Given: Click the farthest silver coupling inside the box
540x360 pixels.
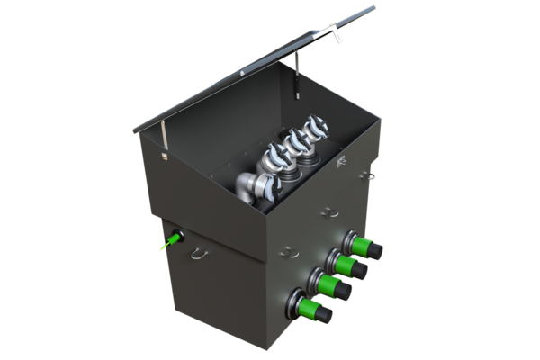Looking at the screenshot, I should coord(314,126).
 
